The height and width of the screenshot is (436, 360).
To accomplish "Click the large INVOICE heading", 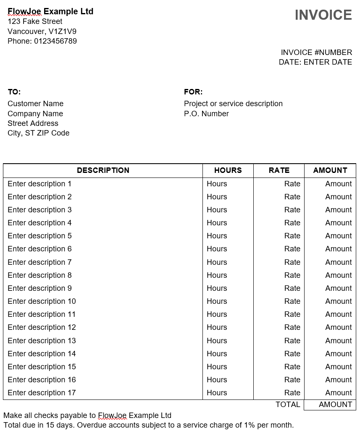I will pyautogui.click(x=323, y=15).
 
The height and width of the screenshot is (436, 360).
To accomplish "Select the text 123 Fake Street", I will pyautogui.click(x=35, y=21).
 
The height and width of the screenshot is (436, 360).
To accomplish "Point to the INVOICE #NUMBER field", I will pyautogui.click(x=316, y=52).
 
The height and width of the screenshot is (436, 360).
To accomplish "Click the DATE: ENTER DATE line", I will pyautogui.click(x=315, y=62).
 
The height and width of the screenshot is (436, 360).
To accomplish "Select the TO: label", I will pyautogui.click(x=14, y=92).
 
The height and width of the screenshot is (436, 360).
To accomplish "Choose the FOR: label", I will pyautogui.click(x=193, y=92).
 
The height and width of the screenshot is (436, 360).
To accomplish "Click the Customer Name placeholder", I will pyautogui.click(x=35, y=104).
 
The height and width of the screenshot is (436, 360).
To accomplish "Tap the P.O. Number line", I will pyautogui.click(x=206, y=114).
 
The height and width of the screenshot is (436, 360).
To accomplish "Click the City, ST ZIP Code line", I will pyautogui.click(x=38, y=133).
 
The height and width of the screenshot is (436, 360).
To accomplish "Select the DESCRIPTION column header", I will pyautogui.click(x=103, y=170).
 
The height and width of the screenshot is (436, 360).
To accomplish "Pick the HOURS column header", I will pyautogui.click(x=228, y=170).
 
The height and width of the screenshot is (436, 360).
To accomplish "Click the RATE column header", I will pyautogui.click(x=279, y=170).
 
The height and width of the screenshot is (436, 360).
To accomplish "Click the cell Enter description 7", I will pyautogui.click(x=39, y=262).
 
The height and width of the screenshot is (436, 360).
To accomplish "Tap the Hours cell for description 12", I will pyautogui.click(x=217, y=327).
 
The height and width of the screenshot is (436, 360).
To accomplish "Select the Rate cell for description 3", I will pyautogui.click(x=292, y=210).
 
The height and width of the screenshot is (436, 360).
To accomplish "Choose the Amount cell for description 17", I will pyautogui.click(x=338, y=393).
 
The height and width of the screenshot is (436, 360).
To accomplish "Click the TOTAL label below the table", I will pyautogui.click(x=288, y=405).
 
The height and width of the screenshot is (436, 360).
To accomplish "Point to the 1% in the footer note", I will pyautogui.click(x=249, y=425).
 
